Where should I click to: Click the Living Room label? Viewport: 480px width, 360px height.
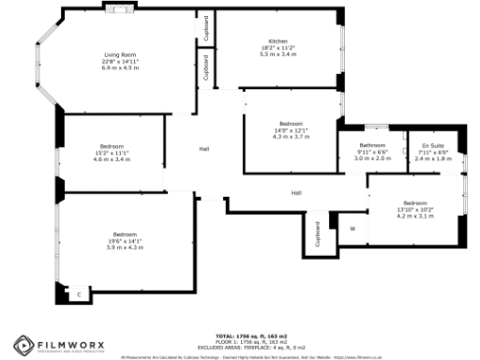120,55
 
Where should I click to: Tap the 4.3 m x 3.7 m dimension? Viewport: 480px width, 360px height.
291,136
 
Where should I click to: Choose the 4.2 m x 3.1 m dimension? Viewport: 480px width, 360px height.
414,215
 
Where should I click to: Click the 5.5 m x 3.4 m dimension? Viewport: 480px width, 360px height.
277,54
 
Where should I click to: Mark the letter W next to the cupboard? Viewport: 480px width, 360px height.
352,228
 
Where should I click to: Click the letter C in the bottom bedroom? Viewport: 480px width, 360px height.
79,295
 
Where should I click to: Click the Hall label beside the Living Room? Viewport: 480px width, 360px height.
203,149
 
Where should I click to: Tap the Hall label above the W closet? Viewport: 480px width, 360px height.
296,193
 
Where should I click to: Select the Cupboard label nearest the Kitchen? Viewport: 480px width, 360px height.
205,28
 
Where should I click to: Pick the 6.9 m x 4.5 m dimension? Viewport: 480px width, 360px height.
120,67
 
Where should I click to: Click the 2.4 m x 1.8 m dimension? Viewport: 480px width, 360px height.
433,158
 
